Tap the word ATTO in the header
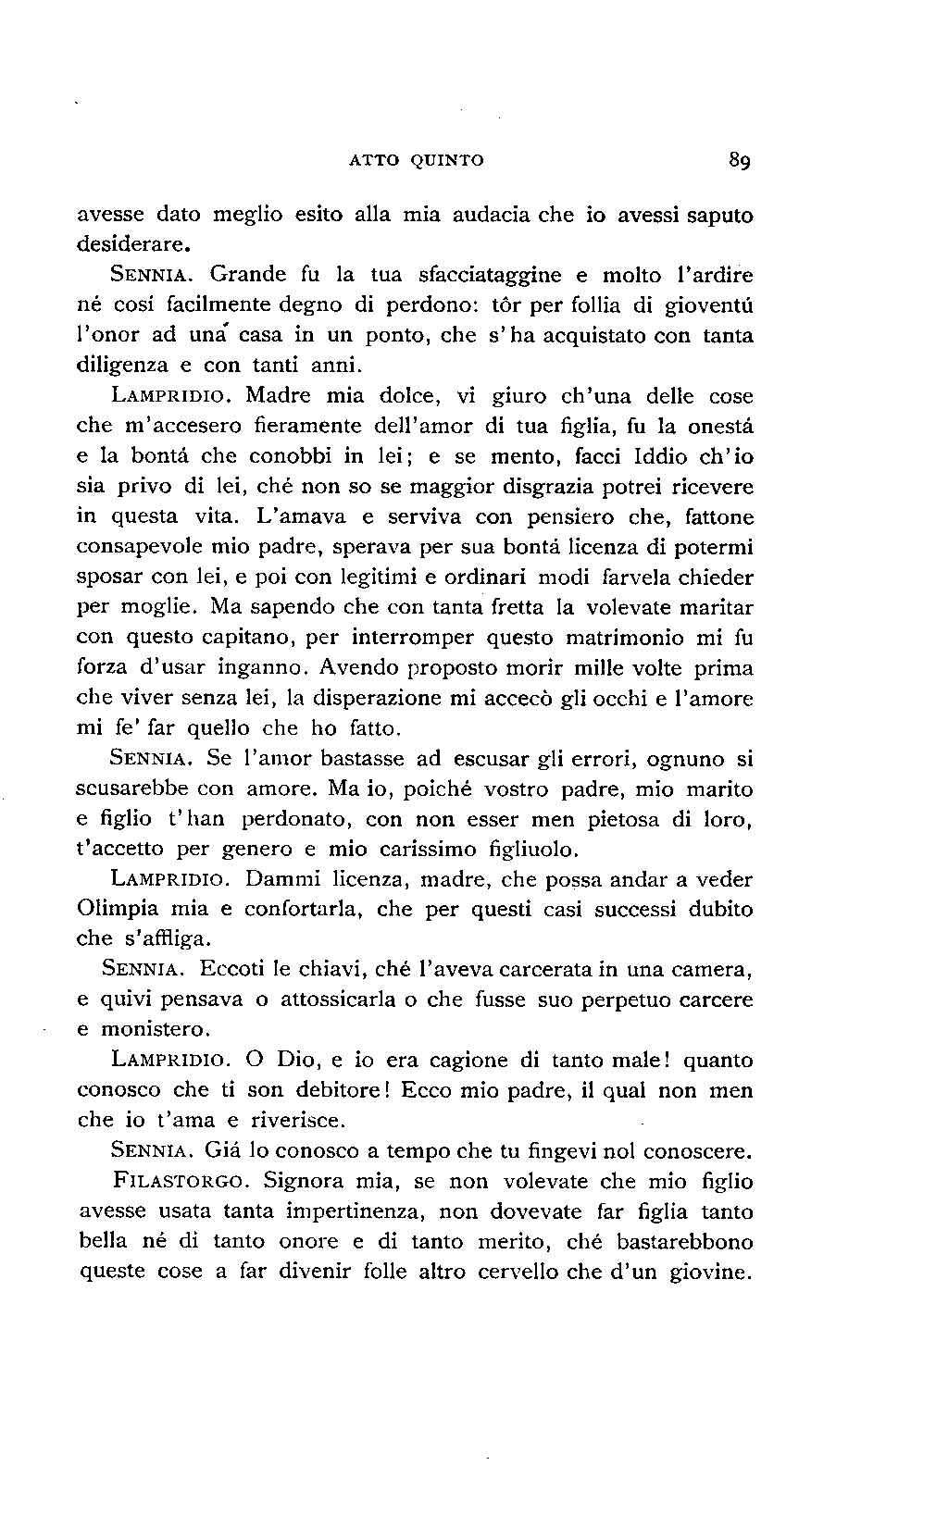coord(373,160)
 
